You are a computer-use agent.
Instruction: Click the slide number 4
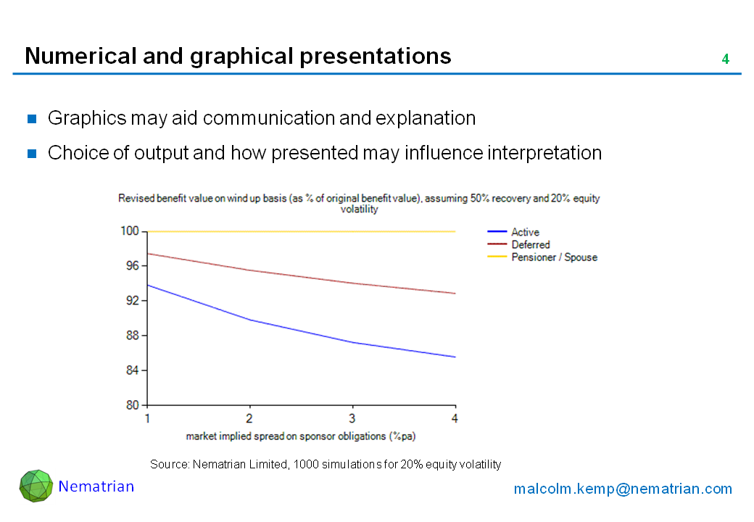(725, 59)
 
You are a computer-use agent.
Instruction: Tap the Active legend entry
(525, 232)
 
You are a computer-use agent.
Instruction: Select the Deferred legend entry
(530, 245)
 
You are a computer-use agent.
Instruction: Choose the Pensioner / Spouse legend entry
(554, 257)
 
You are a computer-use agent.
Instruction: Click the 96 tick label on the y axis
(132, 266)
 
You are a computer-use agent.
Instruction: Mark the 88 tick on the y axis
(132, 336)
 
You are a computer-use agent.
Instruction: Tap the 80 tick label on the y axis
(132, 405)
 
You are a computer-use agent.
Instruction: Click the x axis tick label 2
(250, 419)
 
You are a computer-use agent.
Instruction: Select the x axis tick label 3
(352, 419)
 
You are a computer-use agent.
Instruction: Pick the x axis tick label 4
(455, 419)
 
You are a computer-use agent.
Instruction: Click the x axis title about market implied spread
(300, 436)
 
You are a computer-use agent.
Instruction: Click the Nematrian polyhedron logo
(36, 486)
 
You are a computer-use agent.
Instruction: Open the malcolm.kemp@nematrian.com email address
(623, 489)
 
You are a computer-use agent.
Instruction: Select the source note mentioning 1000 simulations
(326, 464)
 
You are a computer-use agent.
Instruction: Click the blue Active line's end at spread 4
(455, 357)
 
